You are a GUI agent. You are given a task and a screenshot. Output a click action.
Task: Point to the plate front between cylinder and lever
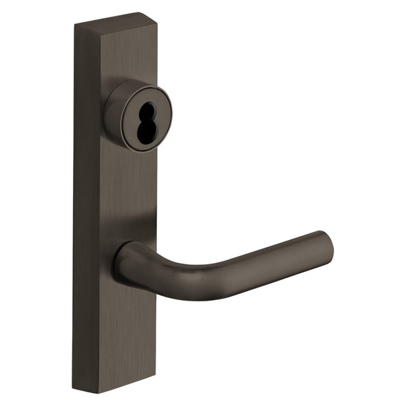(134, 193)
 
